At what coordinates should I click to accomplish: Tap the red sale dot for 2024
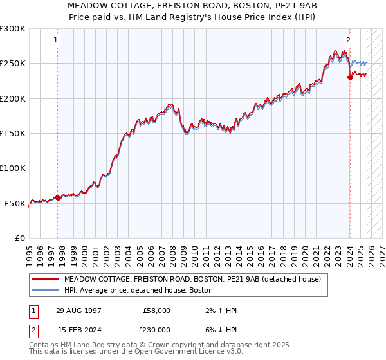click(x=350, y=77)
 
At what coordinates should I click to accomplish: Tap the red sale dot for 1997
click(x=57, y=197)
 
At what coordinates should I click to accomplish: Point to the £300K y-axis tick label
click(x=13, y=29)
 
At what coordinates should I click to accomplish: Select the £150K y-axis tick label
click(x=13, y=133)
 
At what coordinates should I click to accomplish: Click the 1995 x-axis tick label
click(x=30, y=252)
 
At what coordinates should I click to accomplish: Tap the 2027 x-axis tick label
click(x=378, y=252)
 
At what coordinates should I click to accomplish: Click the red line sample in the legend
click(x=46, y=279)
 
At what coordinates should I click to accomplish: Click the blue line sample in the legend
click(x=46, y=290)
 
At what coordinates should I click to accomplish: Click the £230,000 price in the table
click(x=156, y=328)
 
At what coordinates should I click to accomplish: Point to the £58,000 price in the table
click(x=156, y=310)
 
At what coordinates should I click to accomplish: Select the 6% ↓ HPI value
click(x=221, y=328)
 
